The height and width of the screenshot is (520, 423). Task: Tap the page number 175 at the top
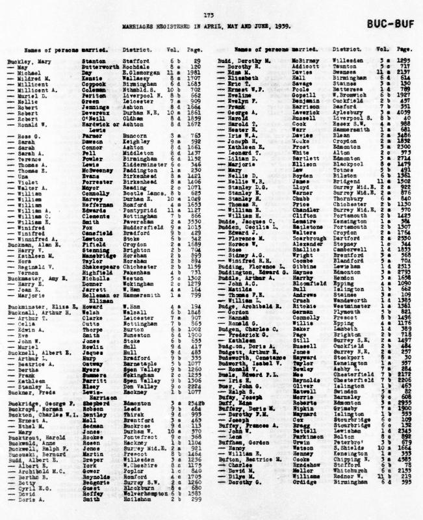pos(209,14)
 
